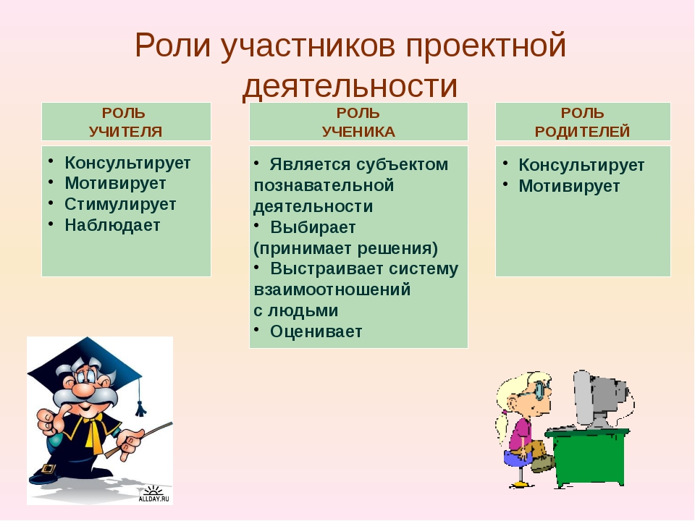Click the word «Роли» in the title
coord(173,46)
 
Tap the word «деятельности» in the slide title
coord(350,85)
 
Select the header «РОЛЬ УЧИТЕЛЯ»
coord(125,122)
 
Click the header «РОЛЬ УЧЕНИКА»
coord(358,122)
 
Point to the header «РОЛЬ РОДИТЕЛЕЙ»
coord(582,122)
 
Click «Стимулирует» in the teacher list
coord(120,204)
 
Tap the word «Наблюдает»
coord(112,225)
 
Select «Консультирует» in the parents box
coord(581,165)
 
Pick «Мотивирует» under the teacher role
coord(115,183)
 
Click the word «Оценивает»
coord(316,331)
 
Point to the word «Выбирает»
coord(313,227)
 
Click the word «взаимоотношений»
coord(332,289)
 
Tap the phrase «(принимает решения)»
coord(346,248)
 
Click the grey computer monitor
coord(599,399)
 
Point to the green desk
coord(587,457)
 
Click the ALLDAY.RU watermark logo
coord(153,494)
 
